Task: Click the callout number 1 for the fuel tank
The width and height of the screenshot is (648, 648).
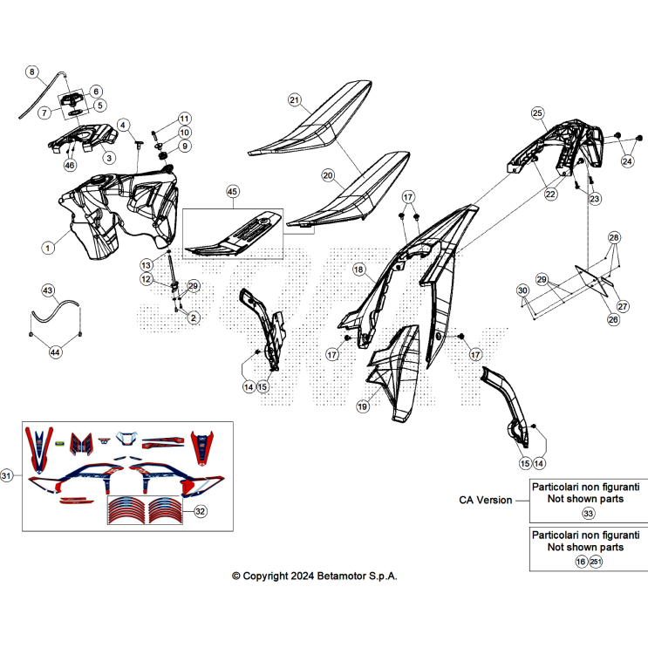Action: tap(48, 248)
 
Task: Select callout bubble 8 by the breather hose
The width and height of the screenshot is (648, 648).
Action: tap(31, 72)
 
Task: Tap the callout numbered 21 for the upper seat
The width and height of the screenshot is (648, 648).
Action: tap(294, 100)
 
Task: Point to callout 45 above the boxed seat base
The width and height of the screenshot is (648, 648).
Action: tap(232, 191)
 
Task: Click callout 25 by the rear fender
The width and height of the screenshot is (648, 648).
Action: tap(537, 113)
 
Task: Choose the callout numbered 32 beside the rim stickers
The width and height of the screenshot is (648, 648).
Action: tap(200, 511)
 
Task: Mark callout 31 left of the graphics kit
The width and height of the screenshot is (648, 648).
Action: tap(6, 475)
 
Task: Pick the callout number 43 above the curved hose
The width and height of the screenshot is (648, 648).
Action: tap(48, 290)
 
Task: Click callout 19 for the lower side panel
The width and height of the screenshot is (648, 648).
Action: tap(363, 406)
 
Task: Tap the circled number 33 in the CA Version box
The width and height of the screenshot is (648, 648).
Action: tap(588, 514)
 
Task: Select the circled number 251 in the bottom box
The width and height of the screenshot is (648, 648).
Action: tap(596, 562)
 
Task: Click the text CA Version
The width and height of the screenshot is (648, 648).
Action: tap(486, 500)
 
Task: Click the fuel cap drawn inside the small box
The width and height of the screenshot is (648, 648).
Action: tap(72, 99)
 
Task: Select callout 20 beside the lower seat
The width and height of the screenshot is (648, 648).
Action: tap(328, 175)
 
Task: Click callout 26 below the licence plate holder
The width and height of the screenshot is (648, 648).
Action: tap(613, 319)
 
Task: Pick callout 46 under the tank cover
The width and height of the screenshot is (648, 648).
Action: tap(70, 166)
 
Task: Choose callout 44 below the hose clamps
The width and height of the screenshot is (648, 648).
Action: tap(55, 352)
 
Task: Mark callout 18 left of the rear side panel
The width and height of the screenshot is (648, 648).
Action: tap(358, 269)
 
